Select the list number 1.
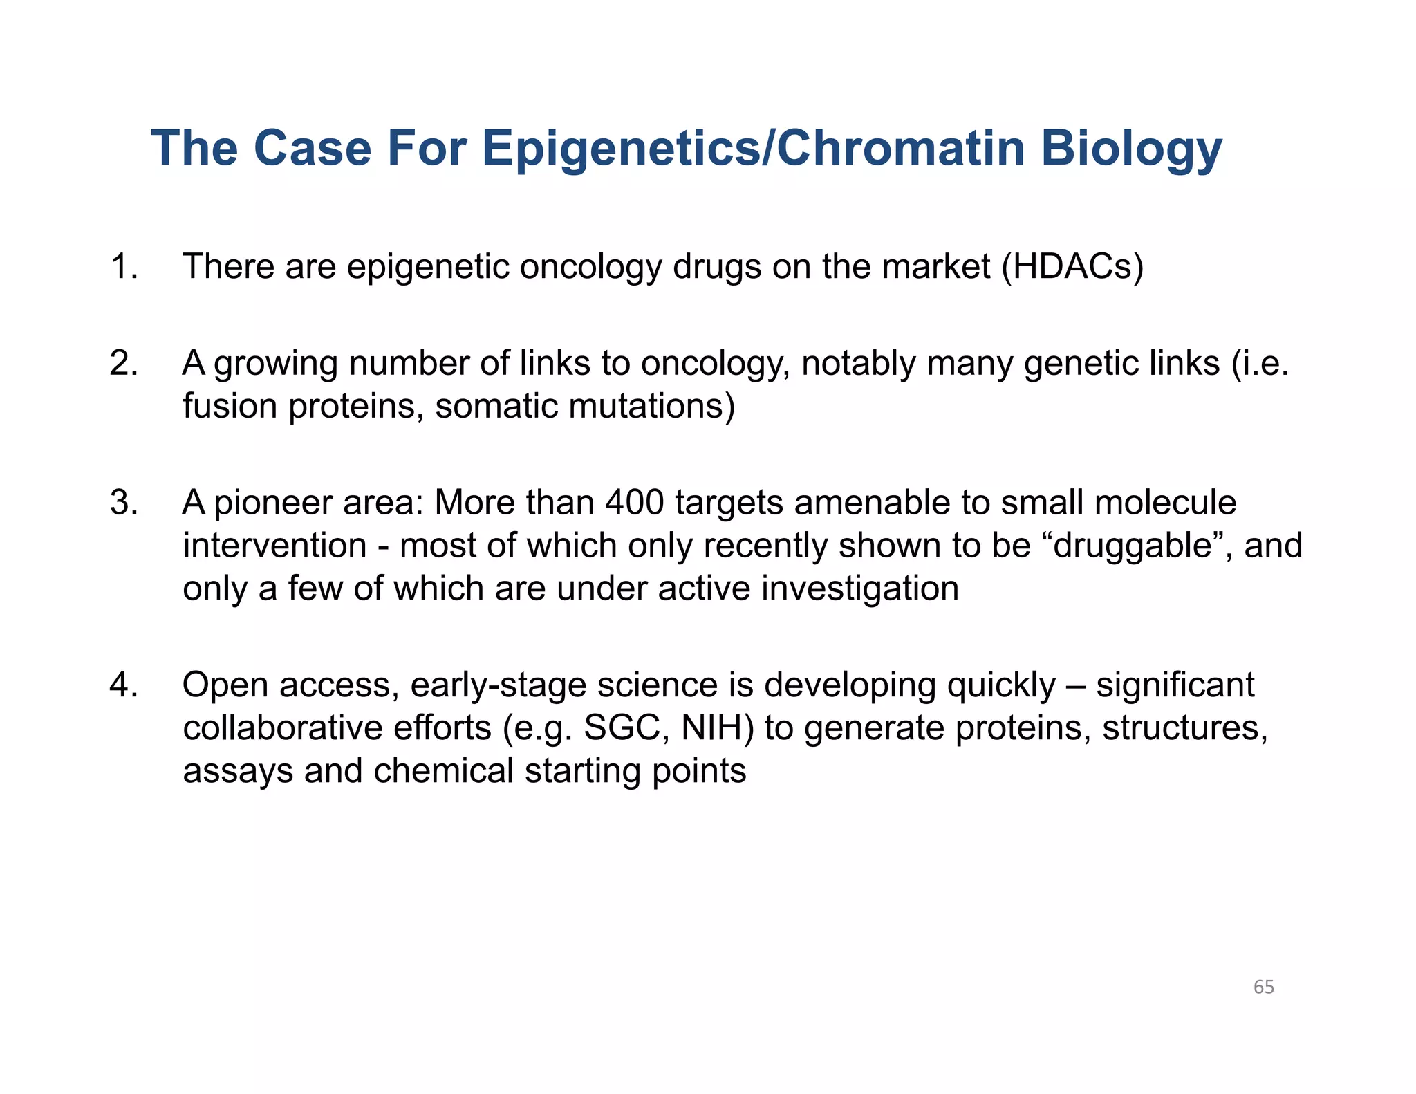[x=124, y=267]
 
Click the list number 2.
[x=124, y=364]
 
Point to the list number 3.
[x=124, y=503]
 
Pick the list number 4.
[x=124, y=685]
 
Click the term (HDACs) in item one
[x=1072, y=267]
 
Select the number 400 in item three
[x=634, y=503]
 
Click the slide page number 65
[x=1263, y=988]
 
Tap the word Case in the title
[x=313, y=149]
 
